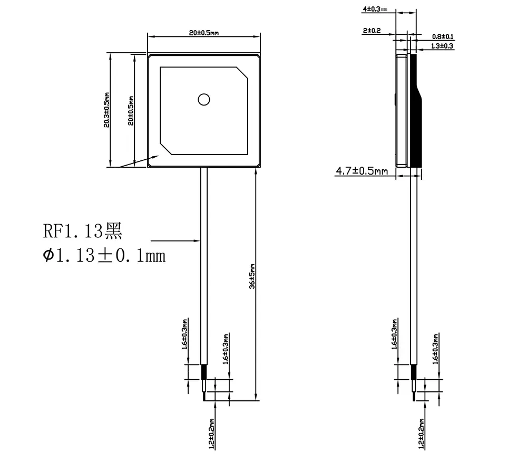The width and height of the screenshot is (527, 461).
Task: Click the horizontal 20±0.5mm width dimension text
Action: [203, 33]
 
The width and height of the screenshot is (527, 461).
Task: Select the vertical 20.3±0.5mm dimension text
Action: [106, 110]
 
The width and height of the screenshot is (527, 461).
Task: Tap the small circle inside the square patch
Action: [203, 99]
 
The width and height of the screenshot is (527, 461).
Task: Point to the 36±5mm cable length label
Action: [252, 276]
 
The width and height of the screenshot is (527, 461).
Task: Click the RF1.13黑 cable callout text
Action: [82, 230]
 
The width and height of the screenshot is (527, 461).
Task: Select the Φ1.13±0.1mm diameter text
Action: [104, 256]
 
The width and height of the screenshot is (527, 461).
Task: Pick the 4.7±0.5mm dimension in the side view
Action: [362, 171]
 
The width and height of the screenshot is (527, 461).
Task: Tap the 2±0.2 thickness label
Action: [372, 31]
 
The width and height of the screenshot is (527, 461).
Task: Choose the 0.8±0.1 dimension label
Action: [443, 36]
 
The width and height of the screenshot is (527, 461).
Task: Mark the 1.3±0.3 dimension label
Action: [442, 46]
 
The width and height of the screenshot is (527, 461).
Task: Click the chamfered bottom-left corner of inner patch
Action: [165, 150]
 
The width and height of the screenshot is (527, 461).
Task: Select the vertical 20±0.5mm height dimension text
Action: [131, 110]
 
